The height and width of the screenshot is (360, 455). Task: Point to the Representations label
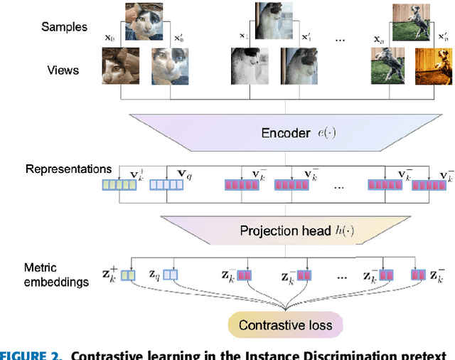pos(68,169)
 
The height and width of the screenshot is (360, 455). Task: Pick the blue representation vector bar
pos(166,186)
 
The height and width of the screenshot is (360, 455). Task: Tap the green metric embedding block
pos(127,275)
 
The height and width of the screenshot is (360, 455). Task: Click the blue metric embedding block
pos(171,275)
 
